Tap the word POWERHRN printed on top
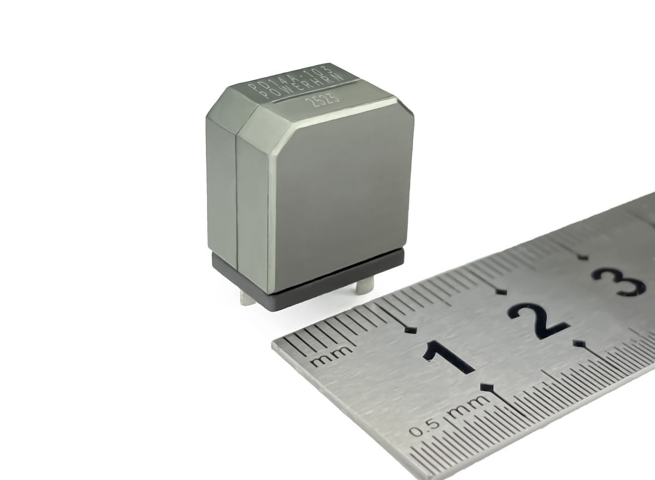(x=301, y=85)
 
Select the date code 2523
(x=322, y=99)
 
